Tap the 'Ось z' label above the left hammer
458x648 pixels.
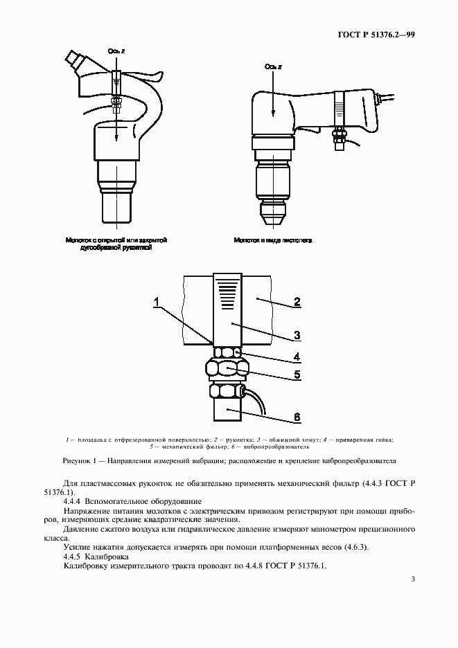115,51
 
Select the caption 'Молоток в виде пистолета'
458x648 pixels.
272,240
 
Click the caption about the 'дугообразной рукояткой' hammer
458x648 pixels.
116,244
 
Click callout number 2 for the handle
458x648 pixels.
296,302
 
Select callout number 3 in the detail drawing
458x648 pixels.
296,335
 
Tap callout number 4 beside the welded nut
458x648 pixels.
296,358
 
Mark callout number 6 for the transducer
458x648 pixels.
296,417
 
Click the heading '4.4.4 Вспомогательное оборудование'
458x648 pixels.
132,501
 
